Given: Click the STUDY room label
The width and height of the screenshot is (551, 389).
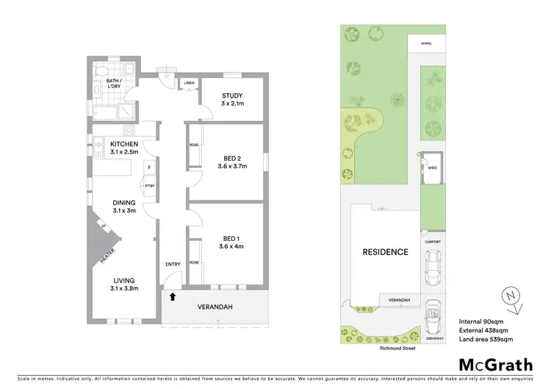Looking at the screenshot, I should coord(231,96).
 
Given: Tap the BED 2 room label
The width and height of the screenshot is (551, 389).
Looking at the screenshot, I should coord(235,158).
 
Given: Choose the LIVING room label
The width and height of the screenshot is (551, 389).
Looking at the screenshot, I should coord(123,280).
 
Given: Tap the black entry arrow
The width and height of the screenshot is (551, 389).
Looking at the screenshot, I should coord(173,297).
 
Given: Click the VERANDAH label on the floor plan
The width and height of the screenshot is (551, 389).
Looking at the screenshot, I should coord(215,308).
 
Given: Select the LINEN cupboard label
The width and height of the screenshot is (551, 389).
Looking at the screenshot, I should coord(189,83).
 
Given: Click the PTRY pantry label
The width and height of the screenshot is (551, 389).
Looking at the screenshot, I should coord(149,186).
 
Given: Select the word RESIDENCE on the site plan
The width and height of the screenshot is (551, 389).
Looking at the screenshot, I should coord(385,252).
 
